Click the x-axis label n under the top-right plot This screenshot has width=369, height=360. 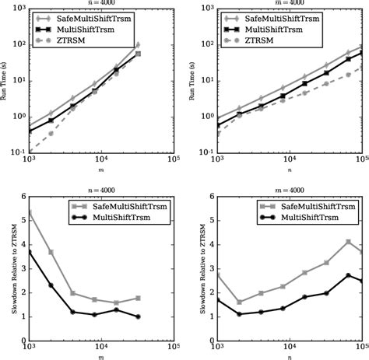[x=290, y=173]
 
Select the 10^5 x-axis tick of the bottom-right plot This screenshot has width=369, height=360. [x=360, y=344]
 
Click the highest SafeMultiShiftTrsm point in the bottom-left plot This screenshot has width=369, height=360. [x=29, y=211]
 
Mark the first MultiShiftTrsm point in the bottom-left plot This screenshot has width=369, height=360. [x=29, y=252]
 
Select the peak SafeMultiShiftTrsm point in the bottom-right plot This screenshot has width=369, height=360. [x=348, y=242]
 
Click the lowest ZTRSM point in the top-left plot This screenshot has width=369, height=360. [x=29, y=148]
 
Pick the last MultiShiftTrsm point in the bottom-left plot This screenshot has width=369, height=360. [x=138, y=316]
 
